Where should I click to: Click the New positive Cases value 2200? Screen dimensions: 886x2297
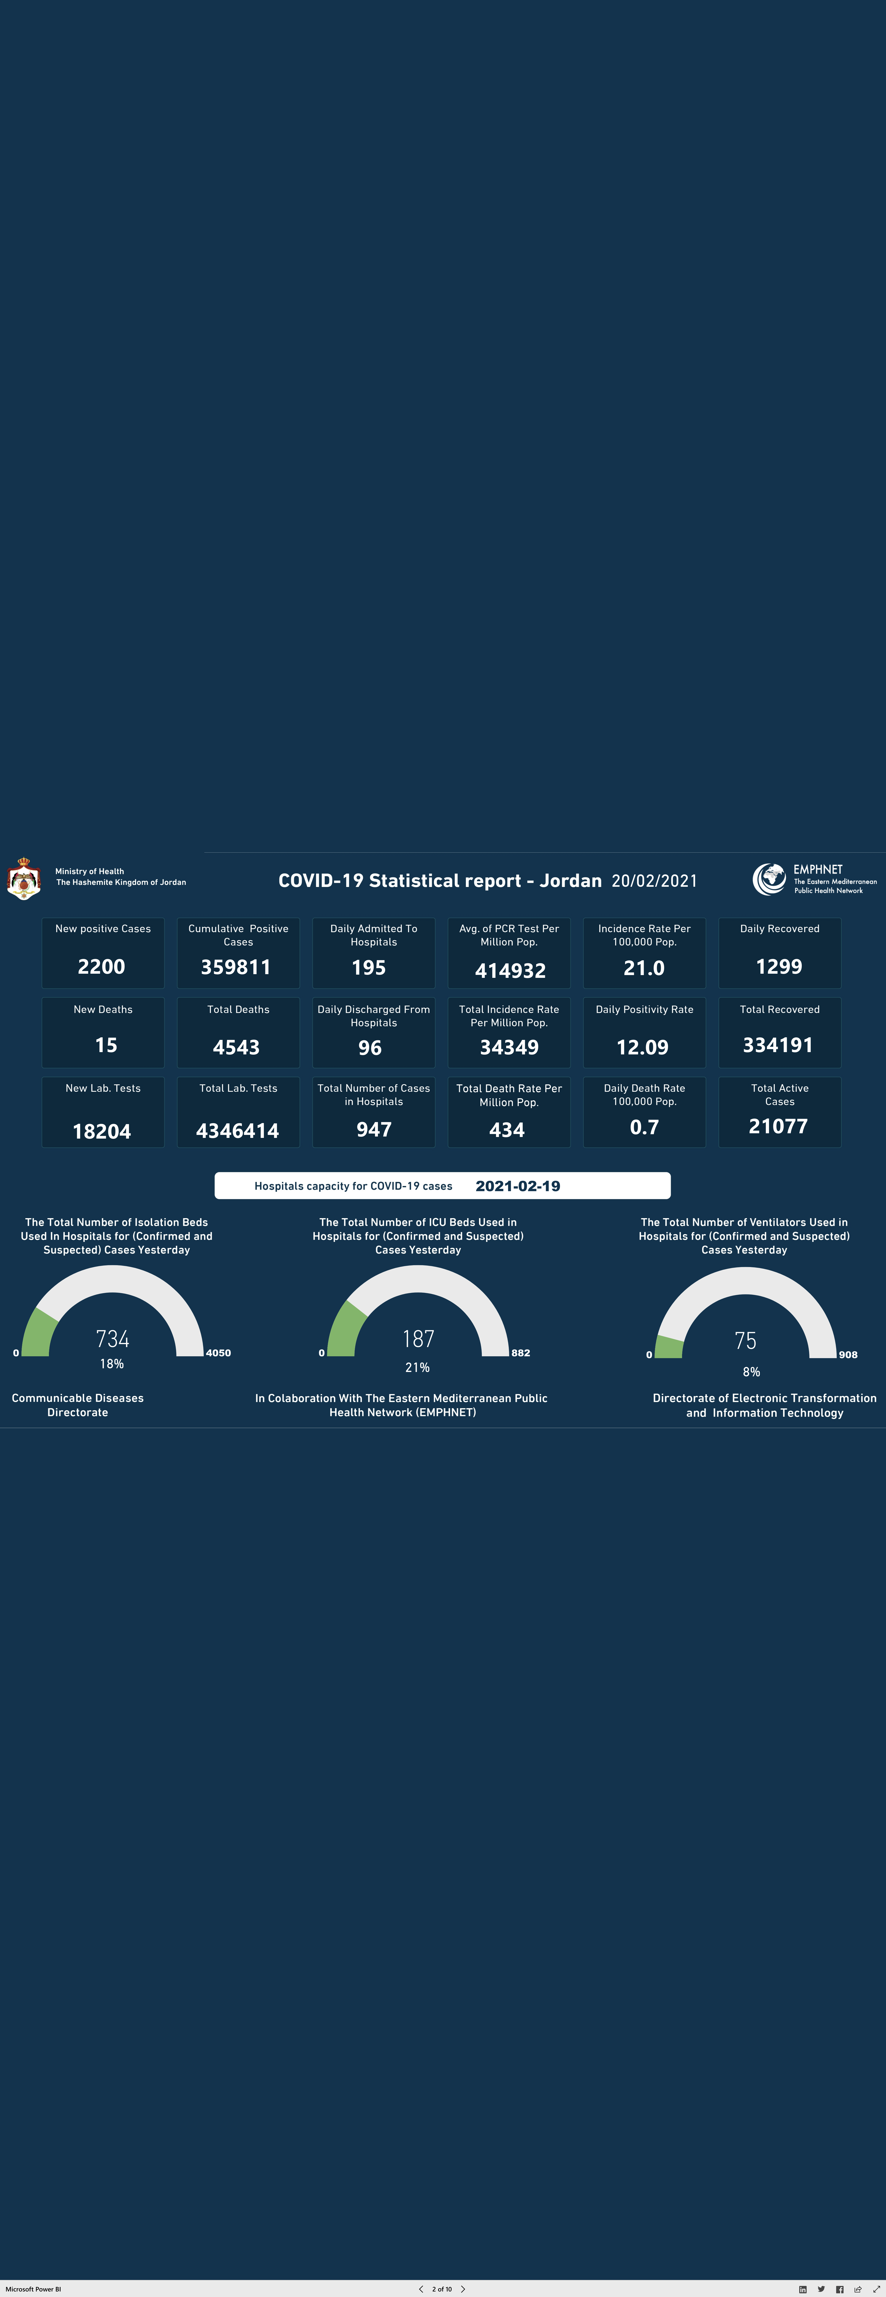[102, 967]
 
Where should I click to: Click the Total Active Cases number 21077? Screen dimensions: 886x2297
[778, 1126]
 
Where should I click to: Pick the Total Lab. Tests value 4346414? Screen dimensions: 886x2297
[237, 1131]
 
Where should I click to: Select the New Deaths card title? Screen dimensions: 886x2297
[103, 1009]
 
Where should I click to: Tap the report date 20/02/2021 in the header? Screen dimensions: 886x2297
[654, 881]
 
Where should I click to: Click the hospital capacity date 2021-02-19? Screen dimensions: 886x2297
[518, 1186]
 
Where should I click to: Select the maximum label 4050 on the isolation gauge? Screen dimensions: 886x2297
[219, 1353]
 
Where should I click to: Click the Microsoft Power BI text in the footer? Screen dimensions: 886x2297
[33, 2289]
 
